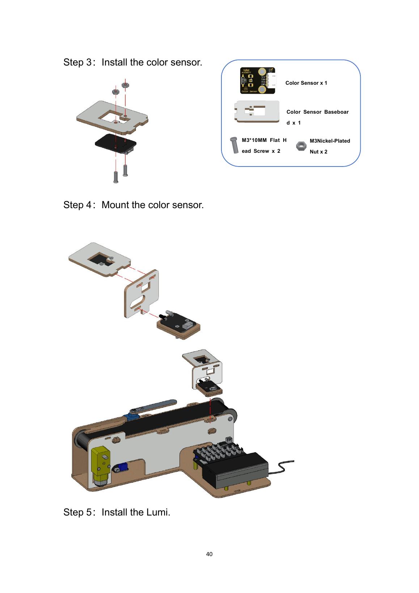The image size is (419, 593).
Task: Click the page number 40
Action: [x=209, y=554]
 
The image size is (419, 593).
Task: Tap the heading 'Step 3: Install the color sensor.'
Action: [x=133, y=62]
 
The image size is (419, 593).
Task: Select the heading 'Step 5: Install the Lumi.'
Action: [x=117, y=512]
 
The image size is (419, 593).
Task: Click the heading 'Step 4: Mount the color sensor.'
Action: [x=134, y=205]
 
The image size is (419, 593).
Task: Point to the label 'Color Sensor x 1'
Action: [x=306, y=83]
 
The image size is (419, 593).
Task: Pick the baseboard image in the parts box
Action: [x=257, y=112]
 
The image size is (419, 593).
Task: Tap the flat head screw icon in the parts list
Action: [x=234, y=145]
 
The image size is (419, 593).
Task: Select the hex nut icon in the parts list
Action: [x=301, y=146]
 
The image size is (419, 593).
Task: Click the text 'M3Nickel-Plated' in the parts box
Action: [x=330, y=141]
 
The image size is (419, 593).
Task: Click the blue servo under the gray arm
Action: [x=134, y=413]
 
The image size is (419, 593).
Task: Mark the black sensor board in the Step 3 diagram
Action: [x=116, y=144]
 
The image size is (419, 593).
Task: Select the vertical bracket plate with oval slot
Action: [x=141, y=294]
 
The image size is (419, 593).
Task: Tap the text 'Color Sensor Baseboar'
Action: [x=317, y=112]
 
